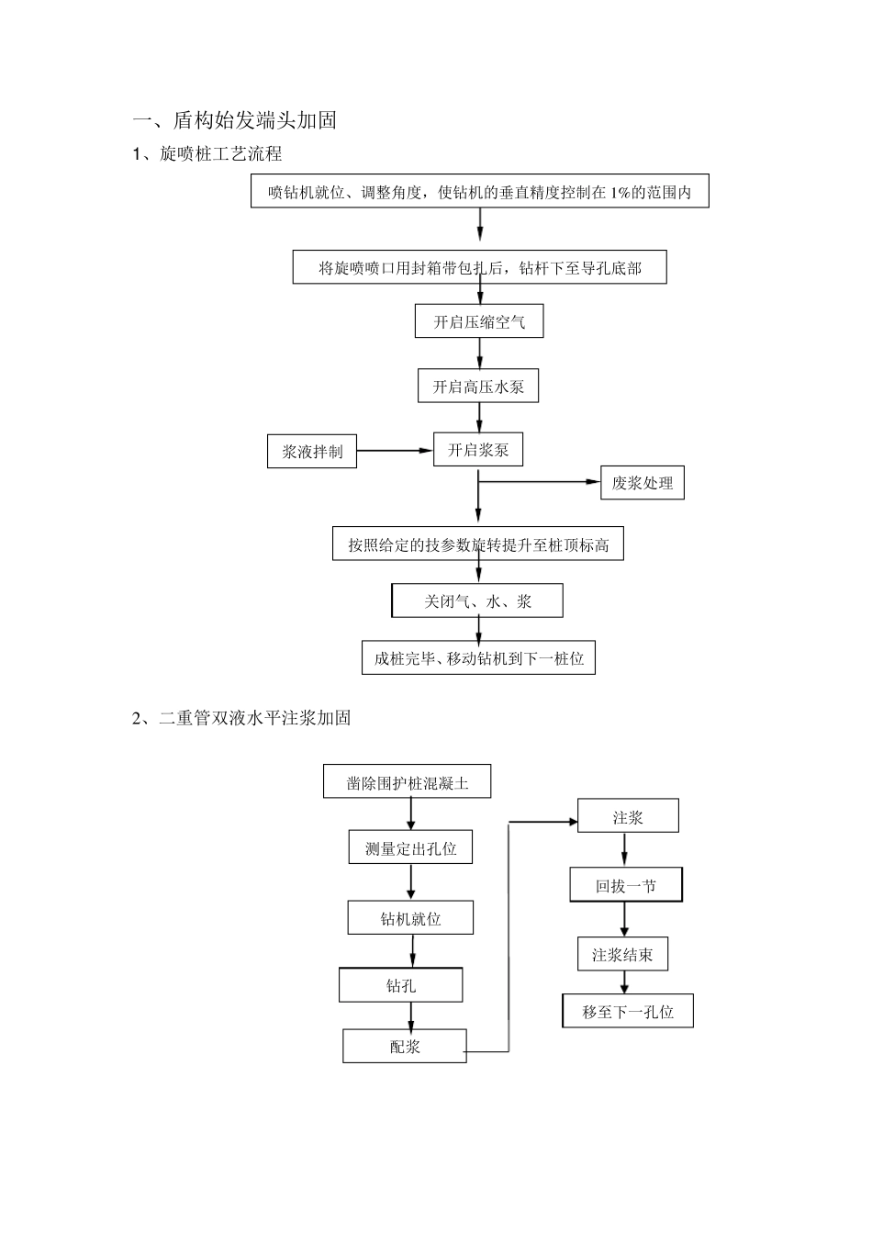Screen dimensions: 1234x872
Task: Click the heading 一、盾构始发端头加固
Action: (235, 120)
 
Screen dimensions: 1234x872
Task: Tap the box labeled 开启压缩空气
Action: (479, 322)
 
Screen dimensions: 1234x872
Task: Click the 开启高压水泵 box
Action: (478, 387)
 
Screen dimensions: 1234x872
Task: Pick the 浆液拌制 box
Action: (312, 452)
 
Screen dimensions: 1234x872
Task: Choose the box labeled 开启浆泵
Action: (478, 450)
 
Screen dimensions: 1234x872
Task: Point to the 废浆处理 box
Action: (643, 483)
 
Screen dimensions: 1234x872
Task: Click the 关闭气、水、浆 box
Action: (477, 601)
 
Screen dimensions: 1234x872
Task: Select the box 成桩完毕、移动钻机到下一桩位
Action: (478, 658)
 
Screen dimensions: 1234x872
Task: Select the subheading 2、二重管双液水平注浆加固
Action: (241, 718)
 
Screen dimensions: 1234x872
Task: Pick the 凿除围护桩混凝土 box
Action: (407, 782)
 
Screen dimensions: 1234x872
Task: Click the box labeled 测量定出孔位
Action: (410, 848)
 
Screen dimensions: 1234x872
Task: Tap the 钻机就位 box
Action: (410, 918)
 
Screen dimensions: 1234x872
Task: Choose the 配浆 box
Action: (405, 1047)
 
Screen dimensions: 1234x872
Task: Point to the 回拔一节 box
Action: (626, 886)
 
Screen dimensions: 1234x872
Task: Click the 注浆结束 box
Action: (622, 955)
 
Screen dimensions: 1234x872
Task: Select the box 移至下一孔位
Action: (628, 1012)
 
